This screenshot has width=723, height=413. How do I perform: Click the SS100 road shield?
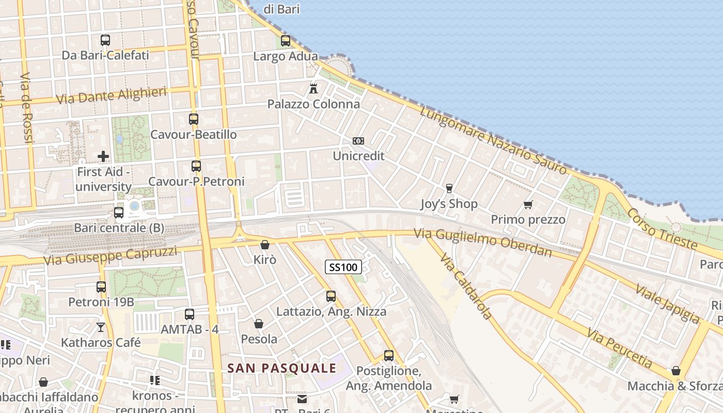[343, 267]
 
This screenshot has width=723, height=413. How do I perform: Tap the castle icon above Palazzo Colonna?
[313, 88]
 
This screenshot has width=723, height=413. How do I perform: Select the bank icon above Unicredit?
[358, 141]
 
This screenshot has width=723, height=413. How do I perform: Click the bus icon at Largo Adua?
[285, 40]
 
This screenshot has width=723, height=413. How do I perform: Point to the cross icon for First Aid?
[103, 156]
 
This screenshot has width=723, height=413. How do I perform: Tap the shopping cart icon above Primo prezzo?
[528, 205]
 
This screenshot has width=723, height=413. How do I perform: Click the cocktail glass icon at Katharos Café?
[101, 327]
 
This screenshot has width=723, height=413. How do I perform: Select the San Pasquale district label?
[282, 368]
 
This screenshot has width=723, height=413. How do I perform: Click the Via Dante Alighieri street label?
[111, 96]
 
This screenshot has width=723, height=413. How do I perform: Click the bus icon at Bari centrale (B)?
[119, 212]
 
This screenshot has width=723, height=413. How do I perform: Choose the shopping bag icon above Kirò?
[265, 245]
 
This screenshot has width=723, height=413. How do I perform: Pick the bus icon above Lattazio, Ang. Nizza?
[331, 296]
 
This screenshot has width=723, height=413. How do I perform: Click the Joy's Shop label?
[449, 204]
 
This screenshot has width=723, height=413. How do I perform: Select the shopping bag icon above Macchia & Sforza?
[675, 371]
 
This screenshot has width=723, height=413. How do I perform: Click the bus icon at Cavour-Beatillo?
[194, 119]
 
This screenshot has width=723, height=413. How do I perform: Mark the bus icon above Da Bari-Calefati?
[105, 40]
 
